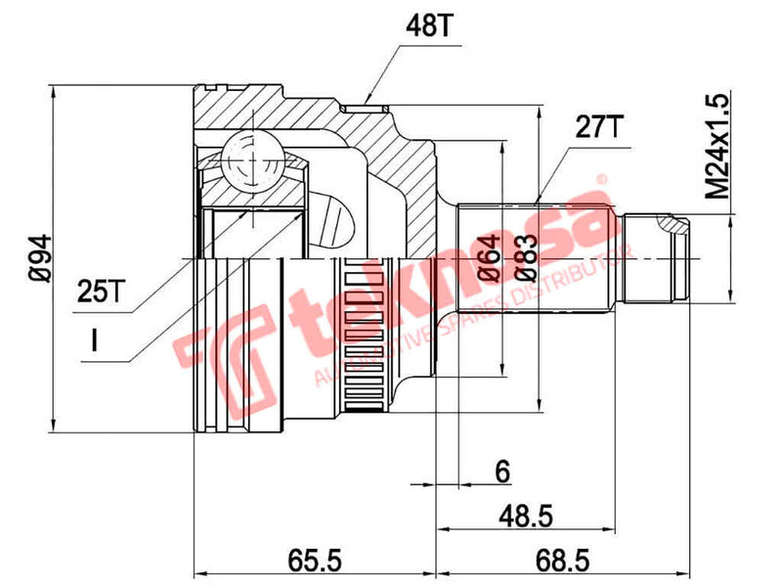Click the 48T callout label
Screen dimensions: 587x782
point(426,26)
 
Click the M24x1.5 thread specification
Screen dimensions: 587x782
point(718,147)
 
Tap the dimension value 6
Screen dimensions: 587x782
point(502,473)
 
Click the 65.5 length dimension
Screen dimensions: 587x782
point(316,560)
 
